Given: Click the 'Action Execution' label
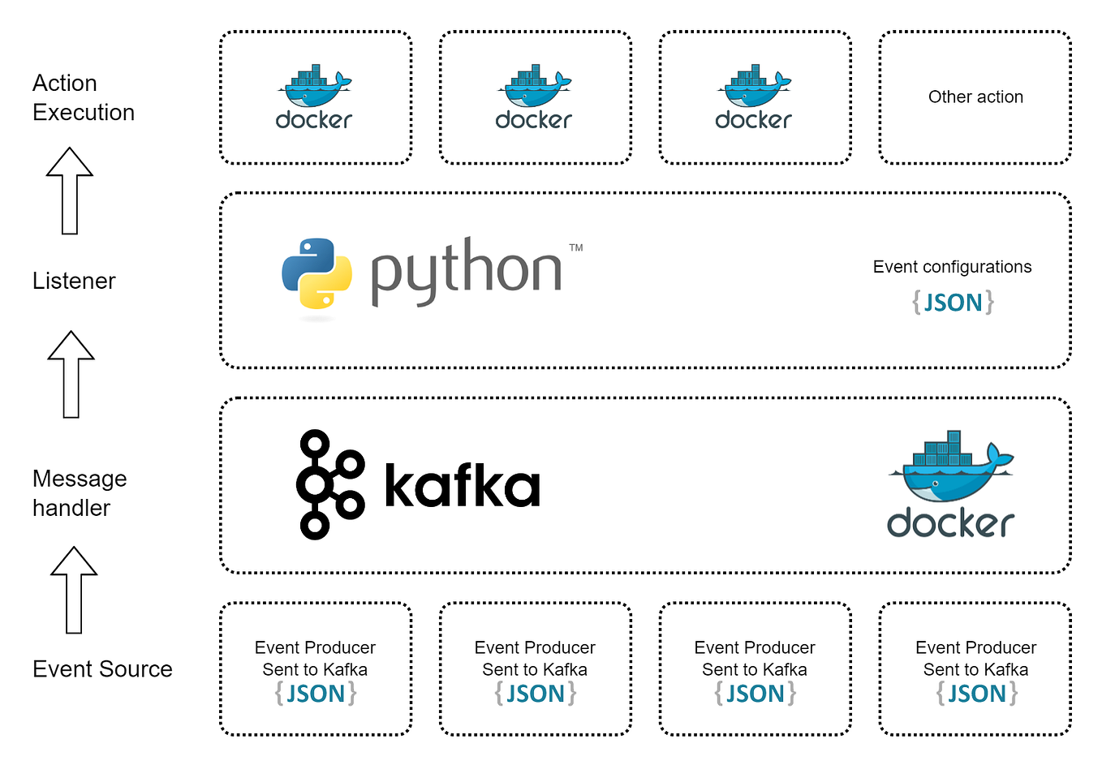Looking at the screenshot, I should [83, 97].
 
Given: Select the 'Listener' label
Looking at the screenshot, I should [74, 281].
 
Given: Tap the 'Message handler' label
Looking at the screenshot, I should [79, 492].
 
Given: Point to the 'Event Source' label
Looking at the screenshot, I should [102, 668].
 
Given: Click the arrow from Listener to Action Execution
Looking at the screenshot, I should [70, 191].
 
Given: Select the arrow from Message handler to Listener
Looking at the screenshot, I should [71, 375].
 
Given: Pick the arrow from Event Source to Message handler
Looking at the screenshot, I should [74, 590].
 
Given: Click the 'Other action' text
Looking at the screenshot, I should [975, 97].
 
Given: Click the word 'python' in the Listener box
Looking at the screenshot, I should [466, 272].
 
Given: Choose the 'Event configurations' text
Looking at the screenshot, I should [952, 267].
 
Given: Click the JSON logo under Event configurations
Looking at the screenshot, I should [953, 303].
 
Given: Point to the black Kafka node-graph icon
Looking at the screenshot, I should [329, 484].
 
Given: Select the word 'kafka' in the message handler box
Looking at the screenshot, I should [462, 485].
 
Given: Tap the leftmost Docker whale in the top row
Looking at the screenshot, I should [315, 87].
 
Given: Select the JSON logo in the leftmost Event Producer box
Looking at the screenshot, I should [316, 694].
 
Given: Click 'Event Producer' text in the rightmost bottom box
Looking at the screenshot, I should [975, 647].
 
